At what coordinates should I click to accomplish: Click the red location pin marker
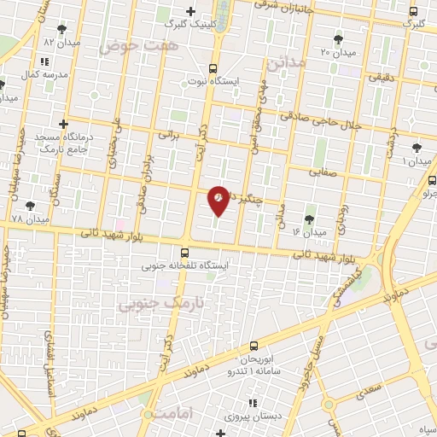[218, 201]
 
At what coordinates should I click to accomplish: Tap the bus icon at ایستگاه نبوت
[212, 68]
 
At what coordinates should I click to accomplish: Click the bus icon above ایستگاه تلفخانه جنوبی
[185, 252]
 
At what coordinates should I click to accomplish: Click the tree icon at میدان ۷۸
[32, 206]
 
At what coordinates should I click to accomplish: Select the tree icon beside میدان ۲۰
[339, 38]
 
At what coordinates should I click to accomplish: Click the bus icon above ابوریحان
[253, 346]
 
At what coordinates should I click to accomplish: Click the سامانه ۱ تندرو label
[238, 371]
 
